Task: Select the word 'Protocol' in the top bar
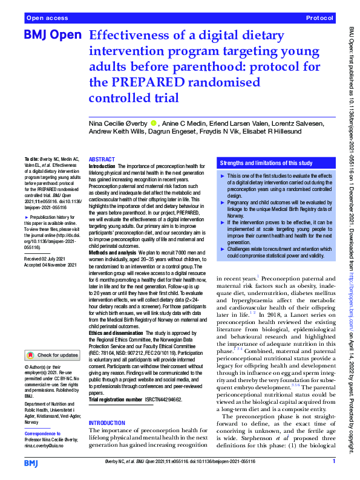[x=320, y=19]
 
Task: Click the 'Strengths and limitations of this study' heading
[x=266, y=163]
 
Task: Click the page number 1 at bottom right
[x=333, y=462]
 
